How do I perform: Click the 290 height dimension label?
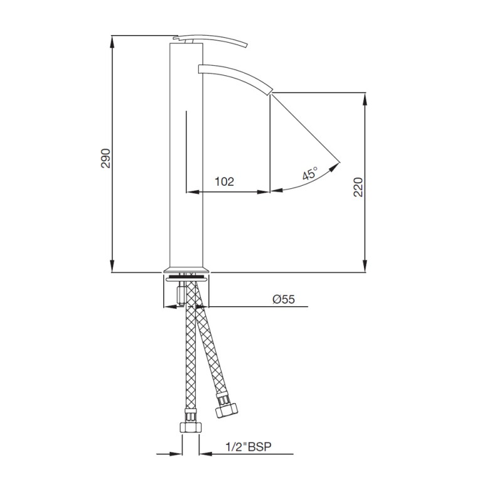[x=105, y=158]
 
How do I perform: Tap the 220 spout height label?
[x=358, y=187]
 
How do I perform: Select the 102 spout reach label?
[x=224, y=181]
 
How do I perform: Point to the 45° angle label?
[x=309, y=173]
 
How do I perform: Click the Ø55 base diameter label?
[x=284, y=299]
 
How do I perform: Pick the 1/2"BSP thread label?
[x=248, y=447]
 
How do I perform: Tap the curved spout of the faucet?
[x=235, y=76]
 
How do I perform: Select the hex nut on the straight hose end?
[x=191, y=428]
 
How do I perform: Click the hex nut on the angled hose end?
[x=227, y=410]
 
